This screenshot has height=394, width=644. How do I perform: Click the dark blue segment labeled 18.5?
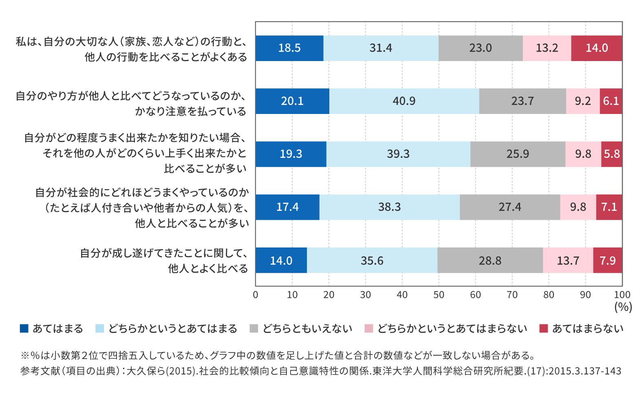coord(289,48)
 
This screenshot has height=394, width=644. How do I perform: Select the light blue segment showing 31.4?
coord(381,48)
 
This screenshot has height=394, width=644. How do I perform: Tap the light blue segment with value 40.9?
coord(404,101)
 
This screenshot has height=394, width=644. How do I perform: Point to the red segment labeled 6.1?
coord(611,101)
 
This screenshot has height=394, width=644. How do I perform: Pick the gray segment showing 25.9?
coord(518,154)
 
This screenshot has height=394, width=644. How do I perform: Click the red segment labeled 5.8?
coord(611,154)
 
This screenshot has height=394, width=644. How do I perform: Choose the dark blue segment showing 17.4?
coord(287,207)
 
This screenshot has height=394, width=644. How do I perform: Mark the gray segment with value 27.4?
coord(510,207)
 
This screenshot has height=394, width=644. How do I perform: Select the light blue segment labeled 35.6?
coord(372,260)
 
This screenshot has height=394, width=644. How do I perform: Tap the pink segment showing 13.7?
coord(568,260)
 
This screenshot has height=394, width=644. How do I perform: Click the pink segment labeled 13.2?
coord(547,48)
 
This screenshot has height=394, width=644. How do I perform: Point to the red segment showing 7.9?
coord(607,260)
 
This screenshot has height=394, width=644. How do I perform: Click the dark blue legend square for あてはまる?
coord(24,328)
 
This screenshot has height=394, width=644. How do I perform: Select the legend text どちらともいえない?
coord(307,329)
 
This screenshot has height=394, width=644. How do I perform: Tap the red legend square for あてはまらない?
coord(543,328)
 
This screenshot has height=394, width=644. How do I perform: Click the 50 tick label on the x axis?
coord(439,295)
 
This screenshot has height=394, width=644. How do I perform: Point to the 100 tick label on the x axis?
coord(622,295)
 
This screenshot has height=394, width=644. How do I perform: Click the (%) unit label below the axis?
coord(623,307)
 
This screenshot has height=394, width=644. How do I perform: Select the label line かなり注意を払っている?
coord(191,111)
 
